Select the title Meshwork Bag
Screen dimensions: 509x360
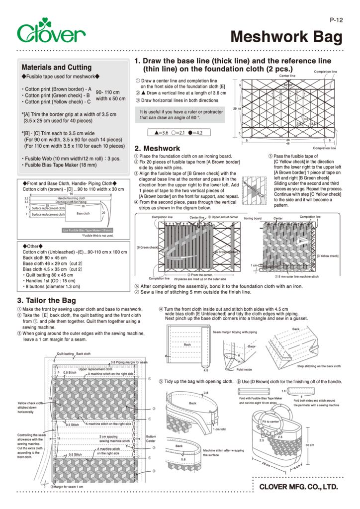tap(287, 37)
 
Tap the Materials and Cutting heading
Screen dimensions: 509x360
tap(57, 67)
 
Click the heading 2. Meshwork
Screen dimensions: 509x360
tap(157, 148)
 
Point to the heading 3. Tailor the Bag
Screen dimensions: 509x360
tap(47, 300)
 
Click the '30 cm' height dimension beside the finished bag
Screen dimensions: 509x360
tap(310, 445)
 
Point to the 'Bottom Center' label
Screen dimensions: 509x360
tap(151, 439)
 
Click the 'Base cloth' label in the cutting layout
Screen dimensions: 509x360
tap(83, 213)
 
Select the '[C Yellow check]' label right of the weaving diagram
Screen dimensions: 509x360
tap(327, 255)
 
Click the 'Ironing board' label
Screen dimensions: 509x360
tap(253, 218)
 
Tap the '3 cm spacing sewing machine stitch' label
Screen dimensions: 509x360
tap(114, 438)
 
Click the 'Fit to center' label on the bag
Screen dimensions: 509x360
tap(270, 422)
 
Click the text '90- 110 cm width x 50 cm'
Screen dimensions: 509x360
tap(110, 95)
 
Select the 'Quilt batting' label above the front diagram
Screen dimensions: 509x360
tap(65, 353)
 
